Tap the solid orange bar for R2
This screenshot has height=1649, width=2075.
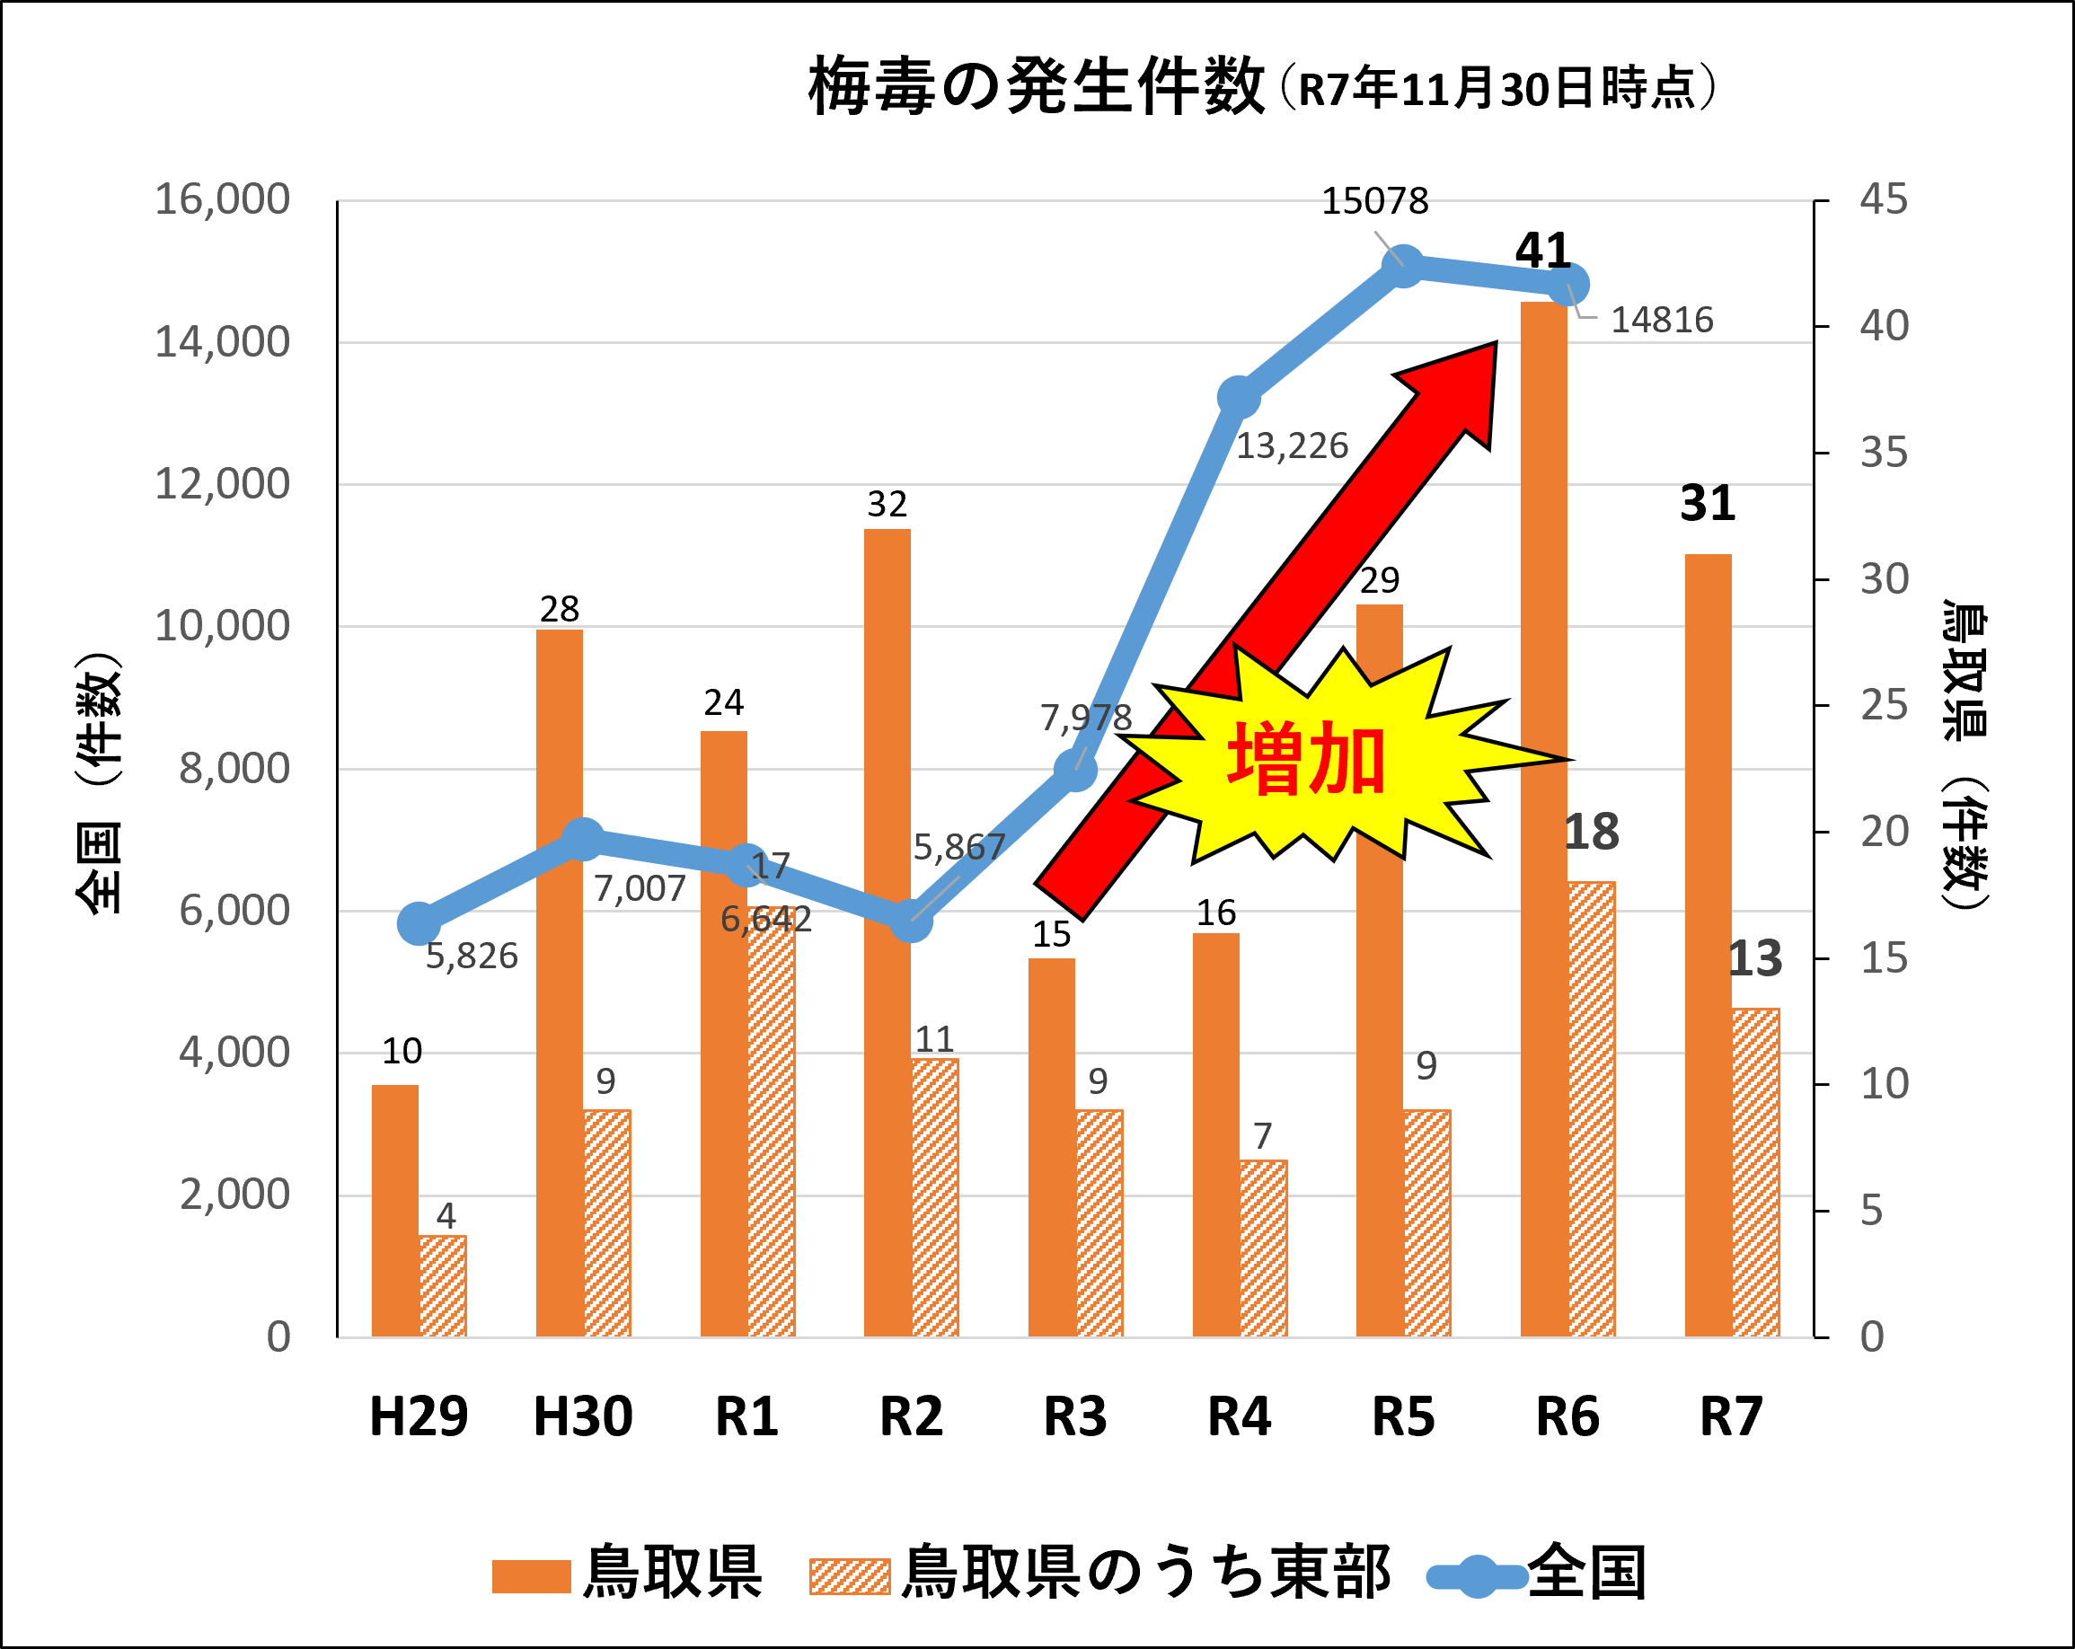887,933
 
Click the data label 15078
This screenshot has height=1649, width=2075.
1374,201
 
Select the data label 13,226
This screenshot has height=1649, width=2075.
1292,446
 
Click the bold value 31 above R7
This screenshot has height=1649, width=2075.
1708,503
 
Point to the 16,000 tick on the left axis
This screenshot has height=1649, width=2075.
223,199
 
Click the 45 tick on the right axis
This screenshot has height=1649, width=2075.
1884,199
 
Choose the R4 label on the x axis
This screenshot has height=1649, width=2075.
1240,1416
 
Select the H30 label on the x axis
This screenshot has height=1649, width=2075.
583,1416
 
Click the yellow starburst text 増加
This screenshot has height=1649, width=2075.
1306,760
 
